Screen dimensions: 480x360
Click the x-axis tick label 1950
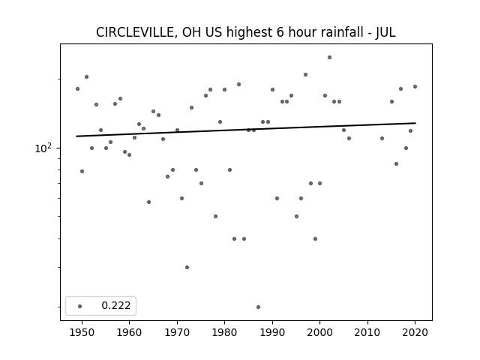click(82, 332)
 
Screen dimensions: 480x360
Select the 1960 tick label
click(129, 332)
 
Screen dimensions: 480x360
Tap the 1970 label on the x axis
click(177, 332)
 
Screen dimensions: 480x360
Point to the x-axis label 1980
click(224, 332)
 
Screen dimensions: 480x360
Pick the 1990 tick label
click(272, 332)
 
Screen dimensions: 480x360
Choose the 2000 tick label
click(320, 332)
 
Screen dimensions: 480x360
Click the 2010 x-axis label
click(367, 332)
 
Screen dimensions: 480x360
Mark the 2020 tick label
click(415, 332)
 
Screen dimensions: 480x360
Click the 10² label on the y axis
click(43, 148)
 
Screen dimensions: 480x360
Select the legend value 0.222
click(116, 305)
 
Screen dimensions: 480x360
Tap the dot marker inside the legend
click(80, 306)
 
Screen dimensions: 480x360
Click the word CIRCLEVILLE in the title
click(135, 32)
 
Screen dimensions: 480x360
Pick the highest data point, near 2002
click(329, 57)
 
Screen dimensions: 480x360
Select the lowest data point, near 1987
click(258, 307)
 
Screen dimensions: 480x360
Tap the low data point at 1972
click(187, 267)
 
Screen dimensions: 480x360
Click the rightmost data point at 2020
click(415, 87)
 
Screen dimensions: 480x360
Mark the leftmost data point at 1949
click(77, 88)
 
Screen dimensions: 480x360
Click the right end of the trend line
click(415, 123)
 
